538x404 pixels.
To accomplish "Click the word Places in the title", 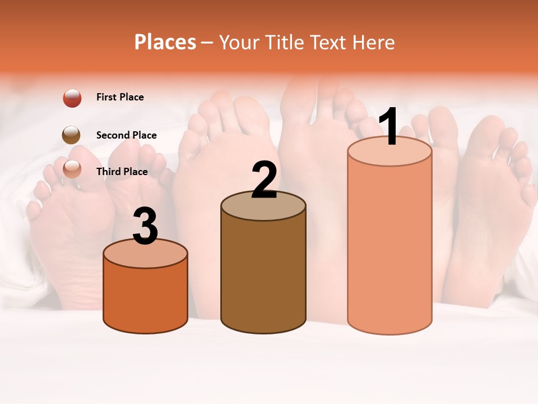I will click(165, 42).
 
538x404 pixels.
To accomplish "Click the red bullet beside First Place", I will click(72, 98).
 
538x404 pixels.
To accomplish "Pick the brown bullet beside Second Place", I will click(71, 135).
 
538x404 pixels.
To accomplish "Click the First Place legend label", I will click(120, 97).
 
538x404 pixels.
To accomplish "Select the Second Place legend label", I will click(126, 135).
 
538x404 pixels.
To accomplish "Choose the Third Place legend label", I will click(122, 172).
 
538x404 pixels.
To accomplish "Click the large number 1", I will click(388, 127).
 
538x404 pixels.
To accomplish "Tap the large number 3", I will click(145, 227).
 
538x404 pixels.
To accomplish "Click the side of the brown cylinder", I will click(263, 275).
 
